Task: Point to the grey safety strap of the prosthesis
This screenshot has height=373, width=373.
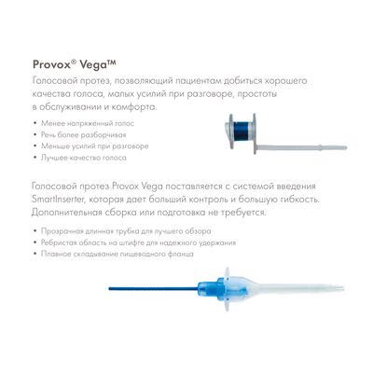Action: [x=301, y=147]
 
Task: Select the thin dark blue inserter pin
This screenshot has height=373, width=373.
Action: [x=153, y=289]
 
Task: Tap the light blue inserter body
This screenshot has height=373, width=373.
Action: [x=209, y=289]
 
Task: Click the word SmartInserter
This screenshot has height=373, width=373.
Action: [x=58, y=200]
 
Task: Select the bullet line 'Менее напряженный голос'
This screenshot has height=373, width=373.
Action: [x=88, y=123]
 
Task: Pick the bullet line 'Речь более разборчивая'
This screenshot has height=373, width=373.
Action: [x=84, y=135]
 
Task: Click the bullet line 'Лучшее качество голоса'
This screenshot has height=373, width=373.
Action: [x=84, y=158]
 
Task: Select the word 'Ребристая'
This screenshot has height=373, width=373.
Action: [x=59, y=242]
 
